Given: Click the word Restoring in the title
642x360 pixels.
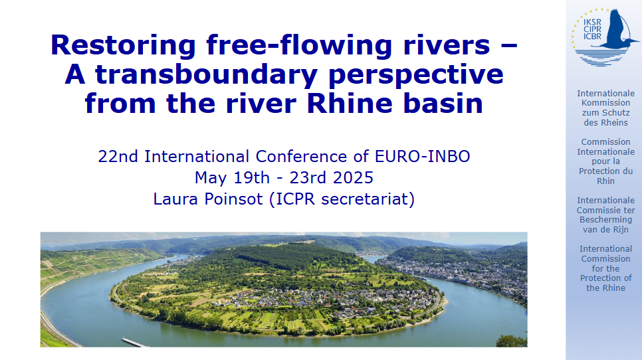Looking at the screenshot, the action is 123,46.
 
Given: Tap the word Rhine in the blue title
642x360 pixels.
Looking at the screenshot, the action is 350,103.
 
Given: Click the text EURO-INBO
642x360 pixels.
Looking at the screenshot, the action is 422,156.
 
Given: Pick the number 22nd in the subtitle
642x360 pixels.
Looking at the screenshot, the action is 118,156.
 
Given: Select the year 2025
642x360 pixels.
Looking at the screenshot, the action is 353,177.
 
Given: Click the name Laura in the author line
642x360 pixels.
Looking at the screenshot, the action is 176,199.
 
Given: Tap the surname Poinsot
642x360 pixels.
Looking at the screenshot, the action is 233,199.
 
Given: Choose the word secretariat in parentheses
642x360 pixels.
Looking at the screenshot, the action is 368,199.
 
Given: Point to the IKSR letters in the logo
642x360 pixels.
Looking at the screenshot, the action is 592,23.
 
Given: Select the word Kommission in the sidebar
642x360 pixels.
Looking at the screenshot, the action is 606,103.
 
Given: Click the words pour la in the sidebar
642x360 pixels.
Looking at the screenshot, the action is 606,161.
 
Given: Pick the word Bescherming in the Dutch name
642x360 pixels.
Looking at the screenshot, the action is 606,220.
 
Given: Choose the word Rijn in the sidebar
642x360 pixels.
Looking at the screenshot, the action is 619,230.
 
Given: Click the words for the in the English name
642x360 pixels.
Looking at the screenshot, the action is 605,269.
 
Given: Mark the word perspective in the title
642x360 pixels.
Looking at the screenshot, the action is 416,75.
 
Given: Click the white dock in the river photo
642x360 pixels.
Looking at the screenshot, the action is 135,343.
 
